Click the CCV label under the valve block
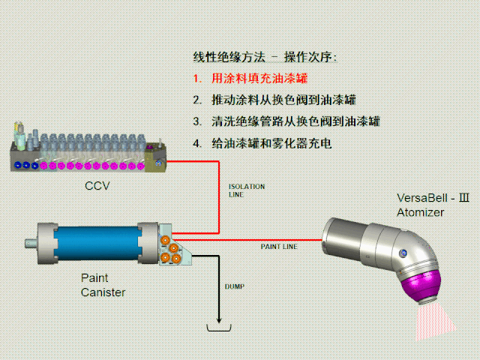coord(97,185)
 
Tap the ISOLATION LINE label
coord(246,190)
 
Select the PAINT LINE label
coord(279,246)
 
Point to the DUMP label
coord(235,286)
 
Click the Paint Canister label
coord(103,285)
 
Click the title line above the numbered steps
coord(265,57)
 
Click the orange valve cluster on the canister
coord(169,248)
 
